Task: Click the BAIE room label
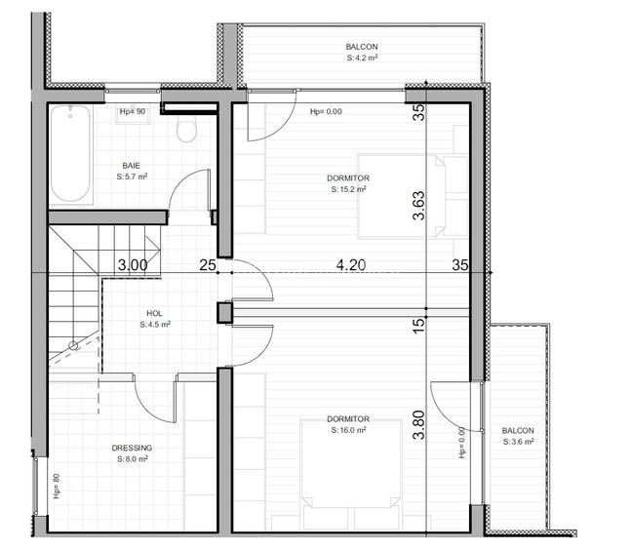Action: pos(131,165)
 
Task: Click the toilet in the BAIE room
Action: pos(187,130)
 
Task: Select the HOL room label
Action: pos(155,313)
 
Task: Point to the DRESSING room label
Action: pos(132,448)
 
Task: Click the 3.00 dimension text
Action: pos(133,264)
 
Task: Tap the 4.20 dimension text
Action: pos(352,263)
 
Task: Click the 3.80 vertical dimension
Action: pos(419,428)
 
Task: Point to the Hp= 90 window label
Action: pos(132,112)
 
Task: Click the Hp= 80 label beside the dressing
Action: pos(56,485)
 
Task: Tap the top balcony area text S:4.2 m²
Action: pos(362,59)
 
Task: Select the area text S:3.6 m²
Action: pos(518,443)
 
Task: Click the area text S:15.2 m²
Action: pos(349,190)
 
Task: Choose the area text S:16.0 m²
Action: pos(348,430)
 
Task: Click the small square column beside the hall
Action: pos(224,312)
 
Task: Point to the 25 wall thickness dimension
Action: pos(207,264)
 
